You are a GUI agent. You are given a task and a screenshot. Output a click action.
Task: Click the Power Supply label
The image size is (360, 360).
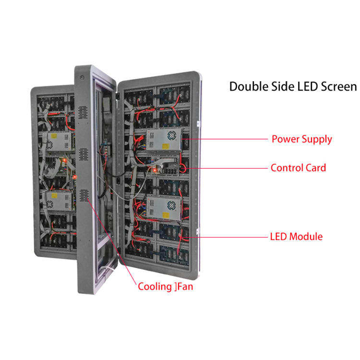pyautogui.click(x=301, y=140)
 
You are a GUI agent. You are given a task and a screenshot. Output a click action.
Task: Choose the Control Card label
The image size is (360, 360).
pyautogui.click(x=298, y=168)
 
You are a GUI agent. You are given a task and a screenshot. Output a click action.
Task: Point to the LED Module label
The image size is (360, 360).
pyautogui.click(x=296, y=237)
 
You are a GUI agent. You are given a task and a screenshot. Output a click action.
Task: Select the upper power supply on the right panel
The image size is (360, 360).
pyautogui.click(x=164, y=138)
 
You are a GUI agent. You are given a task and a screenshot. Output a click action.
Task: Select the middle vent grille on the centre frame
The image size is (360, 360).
pyautogui.click(x=83, y=154)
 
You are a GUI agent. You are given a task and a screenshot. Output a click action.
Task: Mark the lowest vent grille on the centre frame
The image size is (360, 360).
pyautogui.click(x=84, y=195)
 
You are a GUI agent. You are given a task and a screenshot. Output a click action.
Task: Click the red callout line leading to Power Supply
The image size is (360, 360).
pyautogui.click(x=226, y=140)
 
